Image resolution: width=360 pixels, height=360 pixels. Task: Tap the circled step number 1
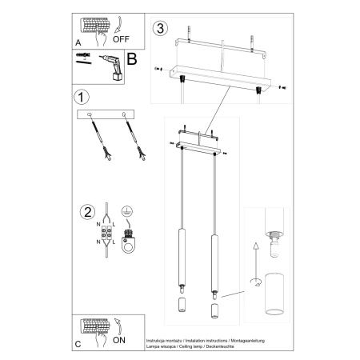point(79,98)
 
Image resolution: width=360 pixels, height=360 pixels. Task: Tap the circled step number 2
point(86,212)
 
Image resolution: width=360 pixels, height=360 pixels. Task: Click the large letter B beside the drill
point(132,58)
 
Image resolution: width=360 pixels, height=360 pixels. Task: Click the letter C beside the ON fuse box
point(78,346)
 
